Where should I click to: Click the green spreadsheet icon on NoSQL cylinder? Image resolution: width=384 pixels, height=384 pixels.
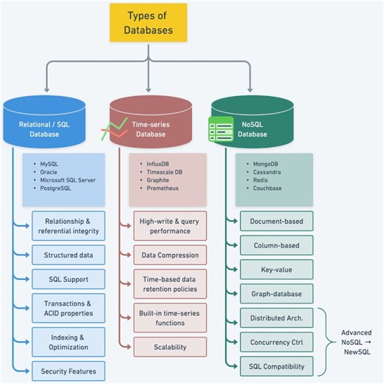[219, 130]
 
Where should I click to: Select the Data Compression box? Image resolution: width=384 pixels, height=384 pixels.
[170, 255]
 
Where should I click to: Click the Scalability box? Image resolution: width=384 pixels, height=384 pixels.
[170, 346]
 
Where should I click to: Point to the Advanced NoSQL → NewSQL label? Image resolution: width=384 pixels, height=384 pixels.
[353, 341]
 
